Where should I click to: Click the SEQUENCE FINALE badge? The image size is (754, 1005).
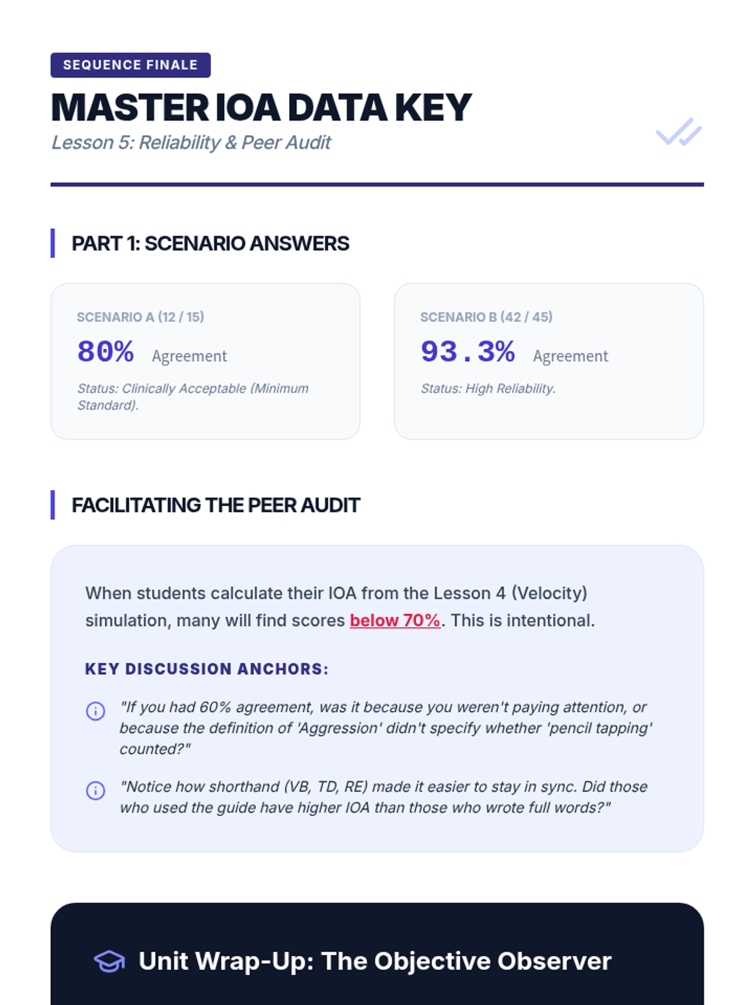tap(130, 65)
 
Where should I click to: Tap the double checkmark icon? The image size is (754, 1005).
tap(679, 132)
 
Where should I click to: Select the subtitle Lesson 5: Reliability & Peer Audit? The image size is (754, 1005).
tap(191, 143)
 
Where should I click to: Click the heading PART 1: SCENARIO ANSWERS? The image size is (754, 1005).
tap(210, 244)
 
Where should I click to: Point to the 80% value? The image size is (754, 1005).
tap(106, 352)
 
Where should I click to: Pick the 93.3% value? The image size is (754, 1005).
tap(467, 352)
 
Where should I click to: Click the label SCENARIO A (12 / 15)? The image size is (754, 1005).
tap(140, 317)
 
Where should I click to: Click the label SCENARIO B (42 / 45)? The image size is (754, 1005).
tap(486, 317)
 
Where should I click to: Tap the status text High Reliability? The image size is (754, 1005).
tap(488, 389)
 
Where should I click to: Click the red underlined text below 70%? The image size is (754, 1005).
tap(395, 621)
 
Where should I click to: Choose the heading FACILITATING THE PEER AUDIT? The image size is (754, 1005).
tap(216, 506)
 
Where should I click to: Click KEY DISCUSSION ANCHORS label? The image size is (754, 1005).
tap(207, 669)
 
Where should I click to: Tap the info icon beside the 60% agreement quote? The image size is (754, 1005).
tap(96, 711)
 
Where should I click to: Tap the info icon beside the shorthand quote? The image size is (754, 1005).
tap(96, 790)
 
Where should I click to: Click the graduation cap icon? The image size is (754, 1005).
tap(110, 962)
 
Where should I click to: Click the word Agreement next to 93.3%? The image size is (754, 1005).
tap(571, 356)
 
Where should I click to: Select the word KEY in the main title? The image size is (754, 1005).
tap(433, 108)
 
